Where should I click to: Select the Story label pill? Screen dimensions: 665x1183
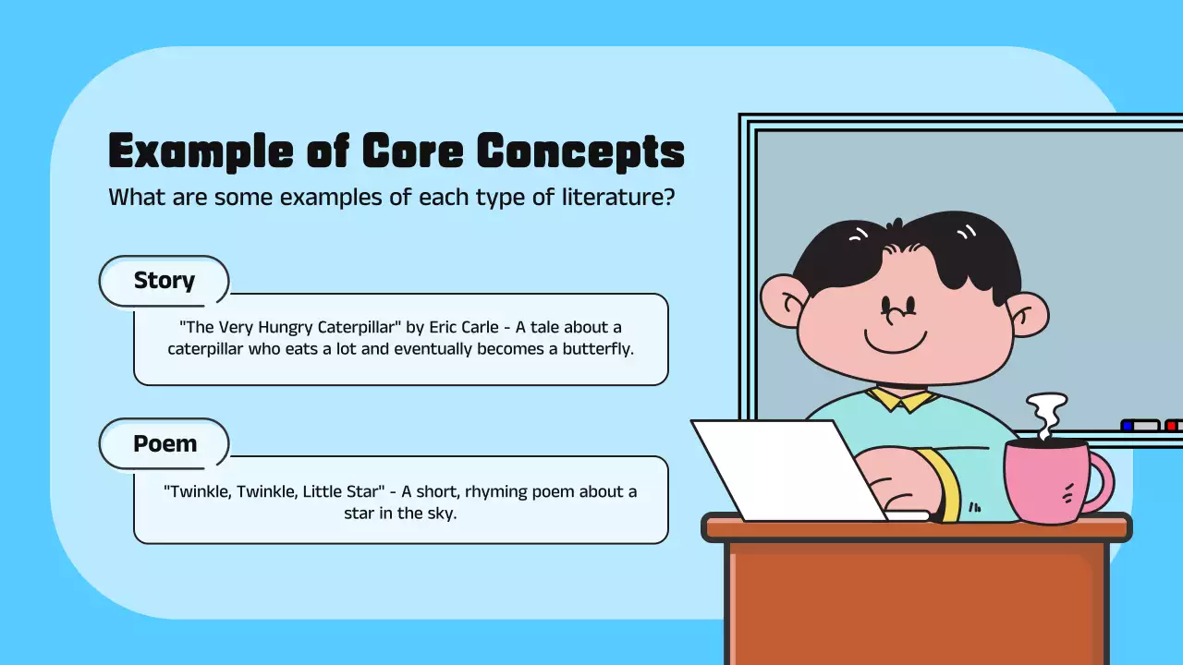tap(164, 281)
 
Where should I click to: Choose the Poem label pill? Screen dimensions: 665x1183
tap(165, 443)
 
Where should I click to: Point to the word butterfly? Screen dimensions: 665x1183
tap(598, 349)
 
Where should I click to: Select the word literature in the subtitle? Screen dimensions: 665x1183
tap(618, 197)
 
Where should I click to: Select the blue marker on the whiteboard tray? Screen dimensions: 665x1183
tap(1128, 426)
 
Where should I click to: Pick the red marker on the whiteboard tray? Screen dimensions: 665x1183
tap(1172, 426)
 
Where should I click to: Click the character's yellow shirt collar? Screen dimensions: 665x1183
tap(901, 399)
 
